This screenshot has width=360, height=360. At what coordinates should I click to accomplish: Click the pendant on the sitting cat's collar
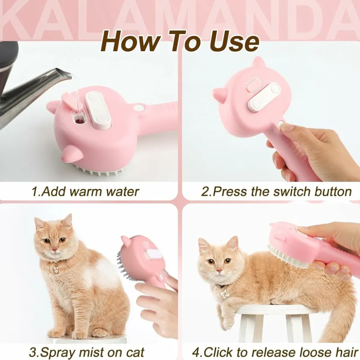point(56,269)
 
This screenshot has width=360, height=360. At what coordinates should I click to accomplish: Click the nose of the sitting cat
point(54,250)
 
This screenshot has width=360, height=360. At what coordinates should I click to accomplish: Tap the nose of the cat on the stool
point(220,271)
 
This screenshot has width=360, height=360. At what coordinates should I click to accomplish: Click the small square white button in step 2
point(253,84)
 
